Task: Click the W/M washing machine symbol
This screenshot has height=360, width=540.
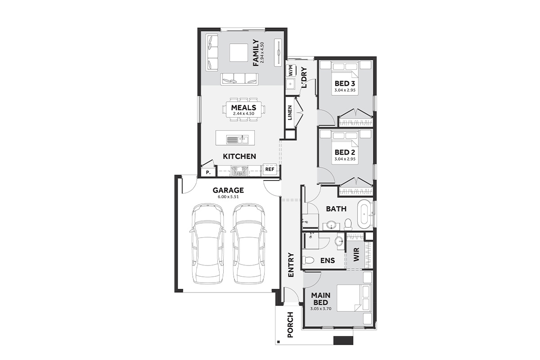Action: point(291,70)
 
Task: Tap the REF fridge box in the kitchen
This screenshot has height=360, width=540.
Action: point(270,169)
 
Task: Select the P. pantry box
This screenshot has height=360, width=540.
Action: point(208,172)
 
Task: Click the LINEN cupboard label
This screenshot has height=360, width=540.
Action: point(290,112)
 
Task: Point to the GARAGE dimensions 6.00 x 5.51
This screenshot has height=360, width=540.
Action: point(228,197)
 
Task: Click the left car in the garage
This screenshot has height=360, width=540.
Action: point(208,244)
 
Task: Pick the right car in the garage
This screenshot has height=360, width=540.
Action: point(249,244)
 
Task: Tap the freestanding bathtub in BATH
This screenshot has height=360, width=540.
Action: point(365,214)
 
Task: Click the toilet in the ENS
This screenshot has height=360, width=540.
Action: point(308,260)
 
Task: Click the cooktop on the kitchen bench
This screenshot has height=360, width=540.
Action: point(239,171)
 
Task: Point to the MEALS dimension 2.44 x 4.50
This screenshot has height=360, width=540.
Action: point(243,113)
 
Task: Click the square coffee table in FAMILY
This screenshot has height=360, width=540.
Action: point(238,53)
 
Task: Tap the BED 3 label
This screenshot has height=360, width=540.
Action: point(345,84)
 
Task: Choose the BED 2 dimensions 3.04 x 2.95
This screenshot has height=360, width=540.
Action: point(345,159)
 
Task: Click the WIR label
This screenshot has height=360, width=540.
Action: point(356,254)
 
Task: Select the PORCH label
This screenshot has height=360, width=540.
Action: point(290,324)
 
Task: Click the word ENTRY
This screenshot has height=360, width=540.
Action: point(291,265)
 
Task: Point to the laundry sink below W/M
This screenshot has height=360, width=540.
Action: point(290,84)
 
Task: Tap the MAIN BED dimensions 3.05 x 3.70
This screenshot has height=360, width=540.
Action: point(320,308)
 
